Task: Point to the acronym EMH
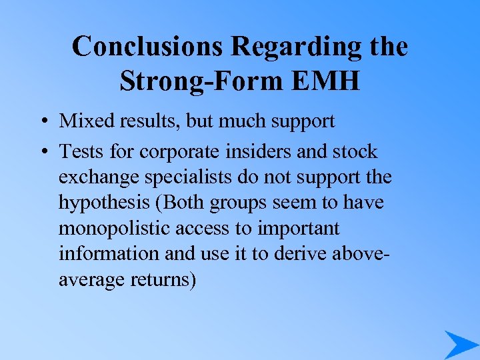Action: (325, 81)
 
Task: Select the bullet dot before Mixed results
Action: (42, 122)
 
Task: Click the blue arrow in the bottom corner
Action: (460, 344)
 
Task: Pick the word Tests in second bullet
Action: (80, 152)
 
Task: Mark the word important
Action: (300, 229)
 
